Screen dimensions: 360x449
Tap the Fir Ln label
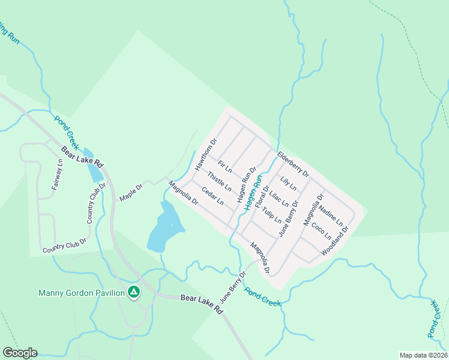coord(225,168)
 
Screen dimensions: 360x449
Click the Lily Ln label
coord(289,184)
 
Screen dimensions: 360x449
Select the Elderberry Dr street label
coord(293,165)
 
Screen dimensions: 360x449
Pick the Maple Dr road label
coord(131,193)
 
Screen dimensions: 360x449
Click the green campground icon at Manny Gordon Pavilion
coord(134,293)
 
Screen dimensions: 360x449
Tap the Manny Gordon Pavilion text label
coord(81,293)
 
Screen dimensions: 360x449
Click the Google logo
coord(20,353)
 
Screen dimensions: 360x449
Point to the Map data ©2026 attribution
coord(423,355)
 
